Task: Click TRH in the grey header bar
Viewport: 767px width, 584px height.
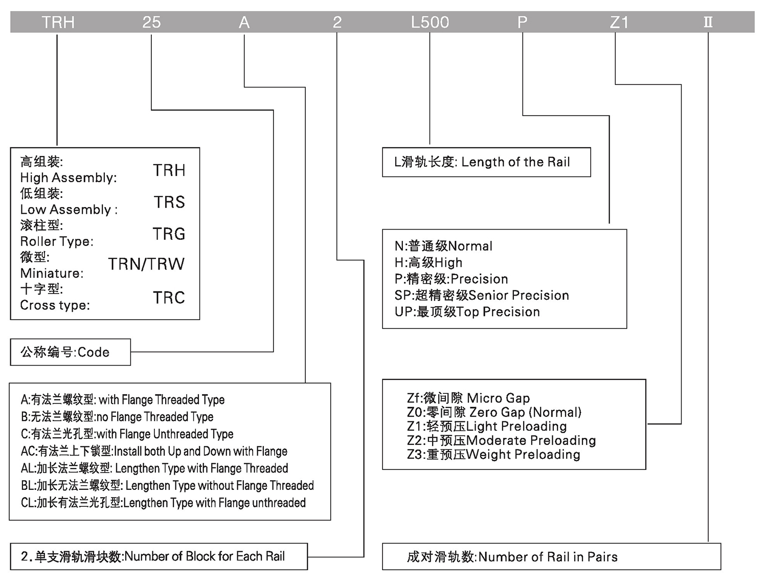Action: coord(58,23)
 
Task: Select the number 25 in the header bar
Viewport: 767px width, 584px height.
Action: coord(151,23)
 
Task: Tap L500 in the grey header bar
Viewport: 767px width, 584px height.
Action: coord(430,23)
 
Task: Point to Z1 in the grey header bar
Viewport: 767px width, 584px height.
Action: coord(619,23)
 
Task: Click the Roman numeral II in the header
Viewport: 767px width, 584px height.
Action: coord(708,23)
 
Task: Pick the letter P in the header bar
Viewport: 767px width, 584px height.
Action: coord(522,23)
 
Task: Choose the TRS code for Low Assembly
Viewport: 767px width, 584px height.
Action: coord(169,203)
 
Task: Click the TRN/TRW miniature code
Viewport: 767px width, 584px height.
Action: coord(146,264)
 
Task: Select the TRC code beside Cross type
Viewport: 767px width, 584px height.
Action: coord(169,298)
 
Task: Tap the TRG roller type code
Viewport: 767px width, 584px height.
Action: coord(169,234)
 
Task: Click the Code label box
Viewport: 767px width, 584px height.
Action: coord(65,352)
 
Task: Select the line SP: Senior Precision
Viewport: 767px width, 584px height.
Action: coord(482,296)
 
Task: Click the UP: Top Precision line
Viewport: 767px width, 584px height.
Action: coord(467,312)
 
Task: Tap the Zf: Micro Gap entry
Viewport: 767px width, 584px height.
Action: coord(468,398)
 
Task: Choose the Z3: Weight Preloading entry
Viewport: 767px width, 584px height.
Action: coord(493,455)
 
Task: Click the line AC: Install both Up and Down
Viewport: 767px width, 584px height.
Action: coord(154,452)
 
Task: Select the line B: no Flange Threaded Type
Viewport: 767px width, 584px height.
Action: coord(117,417)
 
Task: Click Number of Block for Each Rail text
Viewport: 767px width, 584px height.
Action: coord(153,556)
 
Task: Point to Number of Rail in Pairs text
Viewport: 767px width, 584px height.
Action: coord(512,557)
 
